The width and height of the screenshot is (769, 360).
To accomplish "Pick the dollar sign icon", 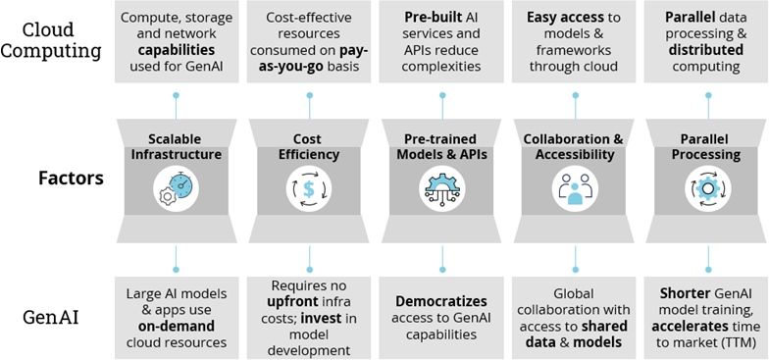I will tap(309, 187).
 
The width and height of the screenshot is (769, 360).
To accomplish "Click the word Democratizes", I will tap(441, 300).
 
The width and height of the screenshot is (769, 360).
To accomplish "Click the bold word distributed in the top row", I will tap(706, 49).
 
